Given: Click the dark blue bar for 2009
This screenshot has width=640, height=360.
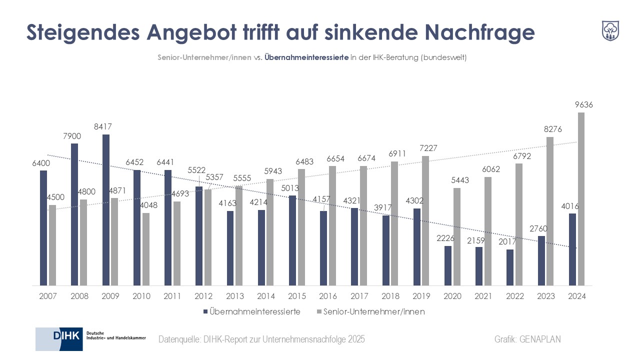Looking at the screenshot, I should point(106,210).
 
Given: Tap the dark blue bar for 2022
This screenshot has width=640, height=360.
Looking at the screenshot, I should point(510,267).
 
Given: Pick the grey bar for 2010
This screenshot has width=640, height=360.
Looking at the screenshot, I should point(146,249).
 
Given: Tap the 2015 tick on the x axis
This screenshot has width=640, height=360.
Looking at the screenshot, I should point(297,296).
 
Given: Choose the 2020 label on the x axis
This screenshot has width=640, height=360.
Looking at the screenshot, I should point(452,296).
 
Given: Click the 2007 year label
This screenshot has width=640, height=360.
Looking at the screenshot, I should point(48,296).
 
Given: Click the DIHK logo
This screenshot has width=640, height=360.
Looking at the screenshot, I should point(90,339).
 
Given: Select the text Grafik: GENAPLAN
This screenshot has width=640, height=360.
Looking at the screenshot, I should point(527,339).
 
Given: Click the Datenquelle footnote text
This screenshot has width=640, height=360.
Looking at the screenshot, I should point(261,339).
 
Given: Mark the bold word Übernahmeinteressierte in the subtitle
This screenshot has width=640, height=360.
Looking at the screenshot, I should point(306,57).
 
